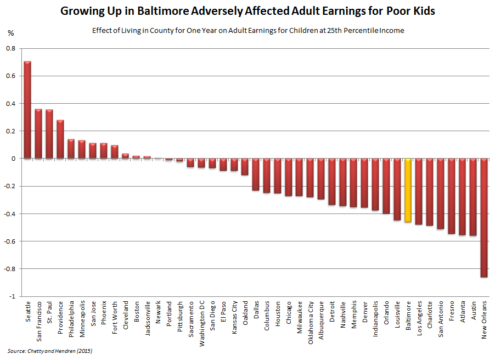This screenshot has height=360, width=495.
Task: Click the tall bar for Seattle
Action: pyautogui.click(x=27, y=110)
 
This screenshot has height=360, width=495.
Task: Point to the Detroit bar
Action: pyautogui.click(x=332, y=182)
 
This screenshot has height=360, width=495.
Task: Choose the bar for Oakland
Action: pyautogui.click(x=245, y=167)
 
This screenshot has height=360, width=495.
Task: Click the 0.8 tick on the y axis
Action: pyautogui.click(x=12, y=48)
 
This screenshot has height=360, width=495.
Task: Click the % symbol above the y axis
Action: pyautogui.click(x=11, y=33)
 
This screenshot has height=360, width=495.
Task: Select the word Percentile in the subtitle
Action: pyautogui.click(x=357, y=30)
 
